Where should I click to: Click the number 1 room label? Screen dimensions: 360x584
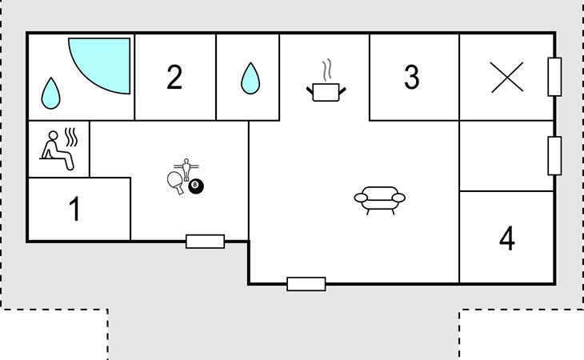pyautogui.click(x=74, y=210)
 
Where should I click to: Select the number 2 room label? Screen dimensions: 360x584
pyautogui.click(x=174, y=78)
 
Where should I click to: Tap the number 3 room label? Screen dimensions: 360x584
pyautogui.click(x=411, y=78)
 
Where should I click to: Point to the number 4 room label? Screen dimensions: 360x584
pyautogui.click(x=506, y=238)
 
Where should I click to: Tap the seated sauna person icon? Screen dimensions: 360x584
pyautogui.click(x=59, y=150)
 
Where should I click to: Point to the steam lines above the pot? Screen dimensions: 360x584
pyautogui.click(x=325, y=67)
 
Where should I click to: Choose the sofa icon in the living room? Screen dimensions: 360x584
pyautogui.click(x=379, y=199)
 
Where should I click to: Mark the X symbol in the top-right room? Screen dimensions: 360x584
pyautogui.click(x=507, y=78)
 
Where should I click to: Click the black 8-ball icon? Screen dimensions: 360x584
pyautogui.click(x=196, y=186)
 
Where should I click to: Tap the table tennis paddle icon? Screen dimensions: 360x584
pyautogui.click(x=176, y=182)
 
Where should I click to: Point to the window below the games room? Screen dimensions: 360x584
pyautogui.click(x=205, y=241)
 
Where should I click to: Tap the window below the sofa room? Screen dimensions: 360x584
pyautogui.click(x=306, y=283)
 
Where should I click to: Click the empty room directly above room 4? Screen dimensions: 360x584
pyautogui.click(x=506, y=156)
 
